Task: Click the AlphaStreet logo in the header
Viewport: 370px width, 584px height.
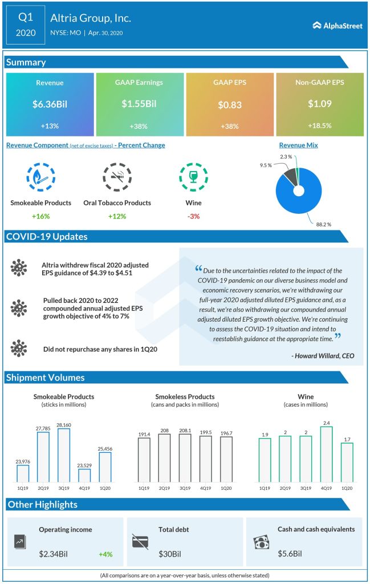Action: pos(338,25)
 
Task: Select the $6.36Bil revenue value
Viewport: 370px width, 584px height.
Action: pos(50,104)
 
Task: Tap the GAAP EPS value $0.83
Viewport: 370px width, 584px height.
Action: pos(230,105)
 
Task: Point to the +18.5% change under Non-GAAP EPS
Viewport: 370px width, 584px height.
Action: pos(319,125)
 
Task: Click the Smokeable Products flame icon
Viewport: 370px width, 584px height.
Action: pos(40,177)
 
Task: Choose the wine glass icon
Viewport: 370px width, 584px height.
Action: pos(193,177)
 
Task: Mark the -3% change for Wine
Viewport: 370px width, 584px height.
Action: pos(193,216)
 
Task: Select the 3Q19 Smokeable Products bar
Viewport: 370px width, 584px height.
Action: pos(63,455)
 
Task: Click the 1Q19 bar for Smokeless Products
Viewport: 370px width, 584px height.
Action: pos(144,460)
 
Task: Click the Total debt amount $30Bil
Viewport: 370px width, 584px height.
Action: pos(169,554)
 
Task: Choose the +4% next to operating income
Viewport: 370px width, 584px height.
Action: pos(105,554)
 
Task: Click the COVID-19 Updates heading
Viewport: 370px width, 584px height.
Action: pos(46,237)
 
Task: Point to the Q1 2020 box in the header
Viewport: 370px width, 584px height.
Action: pos(26,26)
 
